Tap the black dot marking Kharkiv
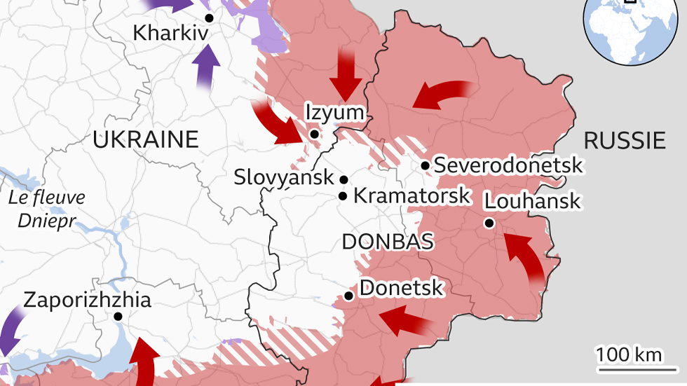point(208,18)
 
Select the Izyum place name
point(334,112)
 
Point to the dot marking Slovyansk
point(343,179)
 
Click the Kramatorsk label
point(411,195)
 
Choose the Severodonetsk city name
point(508,165)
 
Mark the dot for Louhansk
point(489,223)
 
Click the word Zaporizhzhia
point(87,301)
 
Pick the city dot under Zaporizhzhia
point(118,317)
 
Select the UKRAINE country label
point(146,139)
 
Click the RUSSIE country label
point(624,141)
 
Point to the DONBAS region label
point(387,242)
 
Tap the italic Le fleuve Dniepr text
point(47,209)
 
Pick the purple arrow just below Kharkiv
point(206,67)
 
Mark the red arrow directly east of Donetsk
point(406,321)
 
